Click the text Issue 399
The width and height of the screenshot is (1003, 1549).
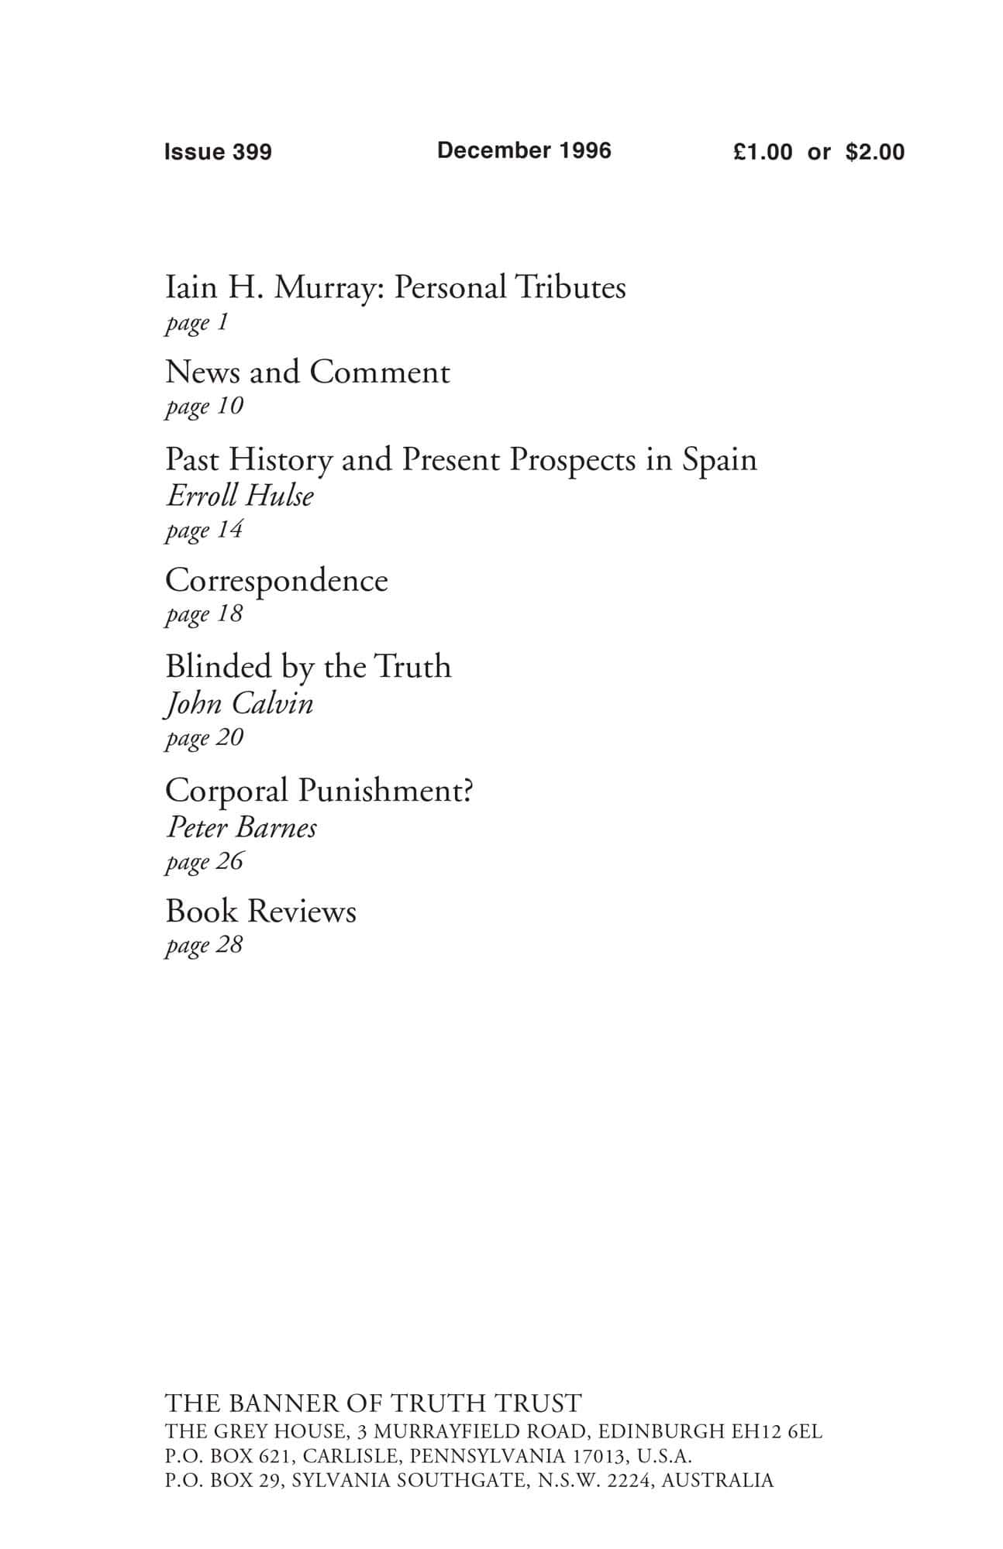coord(218,152)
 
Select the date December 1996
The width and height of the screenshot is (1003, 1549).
coord(524,150)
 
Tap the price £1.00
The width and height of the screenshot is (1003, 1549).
coord(763,152)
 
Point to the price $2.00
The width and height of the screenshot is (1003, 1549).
coord(875,152)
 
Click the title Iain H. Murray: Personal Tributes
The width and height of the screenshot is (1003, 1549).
coord(395,287)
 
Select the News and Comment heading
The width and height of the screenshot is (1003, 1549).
coord(307,373)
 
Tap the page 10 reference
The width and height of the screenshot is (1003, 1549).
coord(204,406)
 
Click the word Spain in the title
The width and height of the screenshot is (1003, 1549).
coord(719,459)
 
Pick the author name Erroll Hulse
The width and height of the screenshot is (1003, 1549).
coord(240,496)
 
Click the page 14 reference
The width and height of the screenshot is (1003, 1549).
coord(204,530)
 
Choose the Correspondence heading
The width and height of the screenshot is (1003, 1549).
coord(276,581)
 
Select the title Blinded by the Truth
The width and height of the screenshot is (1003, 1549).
coord(308,667)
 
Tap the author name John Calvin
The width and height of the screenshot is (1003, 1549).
coord(240,703)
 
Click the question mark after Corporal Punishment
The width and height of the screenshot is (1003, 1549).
coord(467,790)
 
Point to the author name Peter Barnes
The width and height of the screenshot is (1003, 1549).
coord(241,827)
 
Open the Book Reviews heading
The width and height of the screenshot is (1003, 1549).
coord(260,912)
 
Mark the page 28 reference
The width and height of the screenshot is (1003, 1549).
coord(204,945)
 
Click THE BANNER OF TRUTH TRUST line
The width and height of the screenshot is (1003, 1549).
coord(373,1403)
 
